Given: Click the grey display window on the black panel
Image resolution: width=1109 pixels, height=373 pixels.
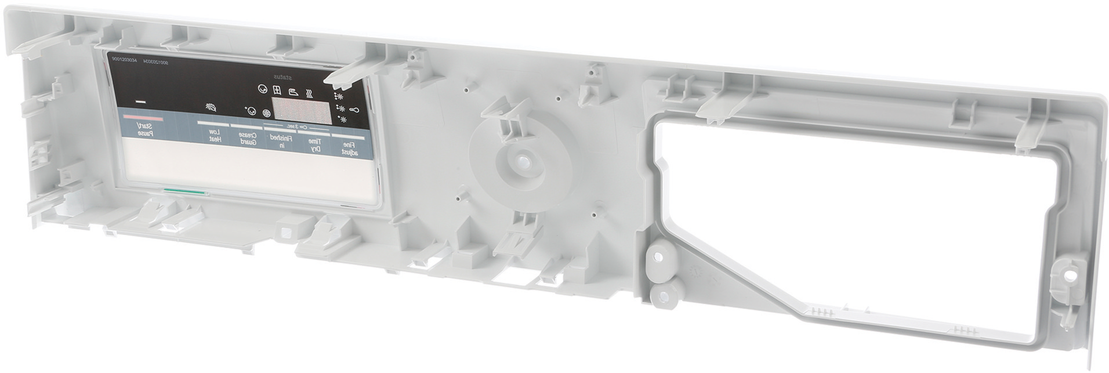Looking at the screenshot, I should [x=301, y=110].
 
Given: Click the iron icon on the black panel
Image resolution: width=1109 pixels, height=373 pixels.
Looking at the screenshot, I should [x=295, y=90].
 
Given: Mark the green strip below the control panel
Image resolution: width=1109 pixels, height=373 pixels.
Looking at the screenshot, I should [x=184, y=191].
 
